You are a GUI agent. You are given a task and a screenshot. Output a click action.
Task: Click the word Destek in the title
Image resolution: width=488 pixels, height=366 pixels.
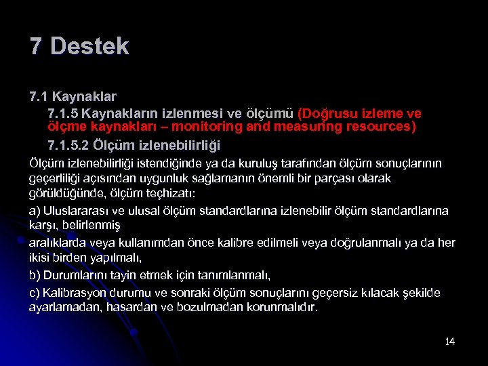[x=89, y=46]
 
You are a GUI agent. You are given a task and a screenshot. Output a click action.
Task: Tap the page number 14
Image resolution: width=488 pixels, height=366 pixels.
[x=450, y=341]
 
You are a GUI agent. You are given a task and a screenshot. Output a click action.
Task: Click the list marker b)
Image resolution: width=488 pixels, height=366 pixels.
[x=35, y=275]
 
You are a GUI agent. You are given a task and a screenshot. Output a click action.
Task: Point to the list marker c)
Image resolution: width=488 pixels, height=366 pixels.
[x=35, y=293]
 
